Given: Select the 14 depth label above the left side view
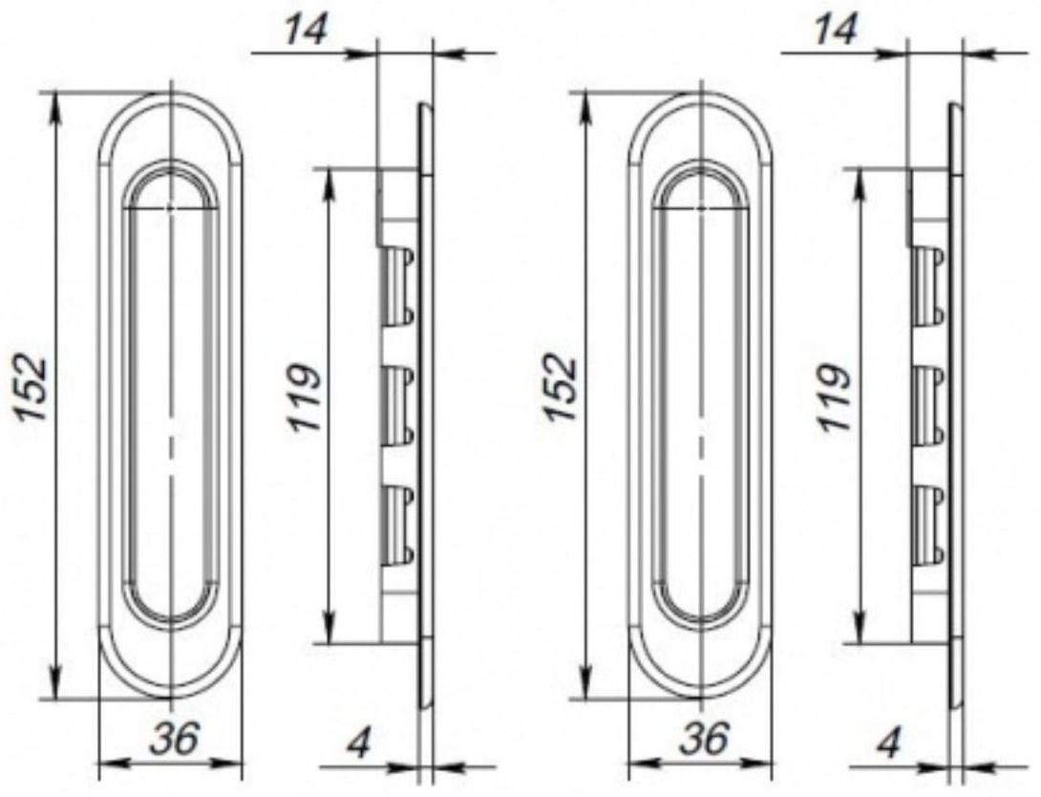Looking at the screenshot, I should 307,31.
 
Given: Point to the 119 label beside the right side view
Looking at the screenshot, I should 835,397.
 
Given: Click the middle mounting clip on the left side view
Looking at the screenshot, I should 399,404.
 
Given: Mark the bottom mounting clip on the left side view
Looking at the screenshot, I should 399,524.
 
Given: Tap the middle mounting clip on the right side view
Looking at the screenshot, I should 930,404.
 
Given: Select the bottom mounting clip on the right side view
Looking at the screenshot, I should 930,524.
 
